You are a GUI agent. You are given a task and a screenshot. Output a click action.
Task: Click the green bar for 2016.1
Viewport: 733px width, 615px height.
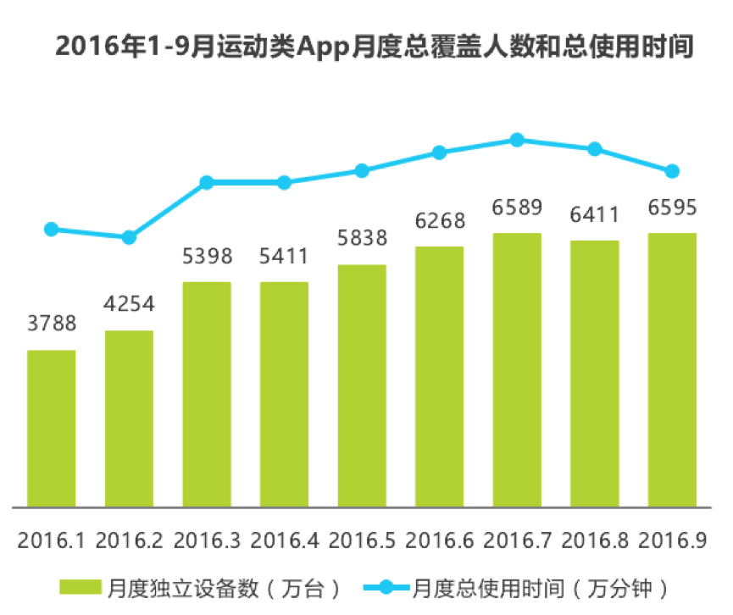tap(51, 429)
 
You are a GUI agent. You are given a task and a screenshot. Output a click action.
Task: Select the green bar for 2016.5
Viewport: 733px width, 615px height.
tap(362, 386)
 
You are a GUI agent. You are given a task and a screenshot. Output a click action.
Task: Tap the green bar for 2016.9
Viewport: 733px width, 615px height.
tap(672, 370)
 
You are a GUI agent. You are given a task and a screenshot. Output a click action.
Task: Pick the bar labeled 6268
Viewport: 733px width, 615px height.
tap(439, 377)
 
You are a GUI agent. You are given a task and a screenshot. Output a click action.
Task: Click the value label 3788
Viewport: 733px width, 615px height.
tap(51, 324)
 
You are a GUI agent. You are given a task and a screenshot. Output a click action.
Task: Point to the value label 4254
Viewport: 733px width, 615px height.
tap(129, 303)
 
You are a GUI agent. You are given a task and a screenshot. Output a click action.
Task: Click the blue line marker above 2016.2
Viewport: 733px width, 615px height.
tap(129, 237)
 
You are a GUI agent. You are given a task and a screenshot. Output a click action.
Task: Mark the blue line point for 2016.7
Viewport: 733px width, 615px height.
tap(517, 140)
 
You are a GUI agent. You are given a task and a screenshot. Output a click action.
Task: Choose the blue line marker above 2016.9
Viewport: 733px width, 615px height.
tap(672, 171)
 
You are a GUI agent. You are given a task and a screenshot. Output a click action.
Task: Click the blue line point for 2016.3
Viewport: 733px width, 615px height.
tap(207, 182)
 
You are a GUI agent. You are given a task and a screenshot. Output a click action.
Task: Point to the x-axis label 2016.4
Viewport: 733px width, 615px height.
tap(285, 540)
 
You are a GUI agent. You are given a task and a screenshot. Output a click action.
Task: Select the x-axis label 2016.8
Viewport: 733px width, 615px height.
tap(595, 540)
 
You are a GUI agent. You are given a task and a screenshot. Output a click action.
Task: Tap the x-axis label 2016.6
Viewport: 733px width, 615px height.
tap(440, 540)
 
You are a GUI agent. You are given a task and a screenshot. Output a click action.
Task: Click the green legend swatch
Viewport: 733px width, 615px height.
tap(81, 587)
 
